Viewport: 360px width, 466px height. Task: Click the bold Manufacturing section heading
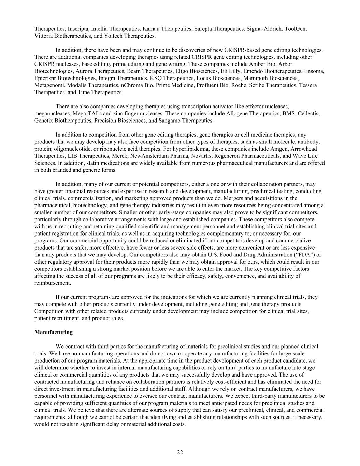click(x=54, y=332)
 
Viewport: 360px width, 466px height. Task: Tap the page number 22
click(x=180, y=452)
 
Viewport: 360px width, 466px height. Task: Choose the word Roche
click(x=239, y=85)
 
